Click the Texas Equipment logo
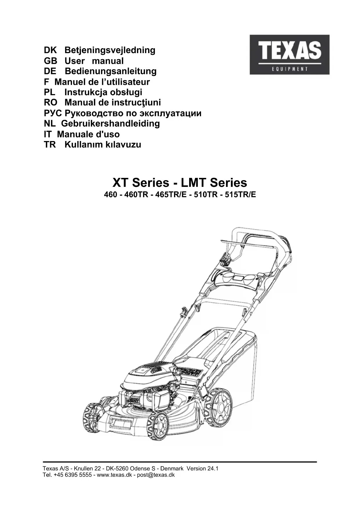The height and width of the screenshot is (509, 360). [289, 55]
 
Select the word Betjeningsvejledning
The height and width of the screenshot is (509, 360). [110, 50]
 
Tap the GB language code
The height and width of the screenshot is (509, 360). [50, 61]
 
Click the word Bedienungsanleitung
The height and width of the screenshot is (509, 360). [111, 71]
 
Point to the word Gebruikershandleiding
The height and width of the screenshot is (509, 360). [111, 124]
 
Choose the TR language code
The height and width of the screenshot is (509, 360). [50, 145]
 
